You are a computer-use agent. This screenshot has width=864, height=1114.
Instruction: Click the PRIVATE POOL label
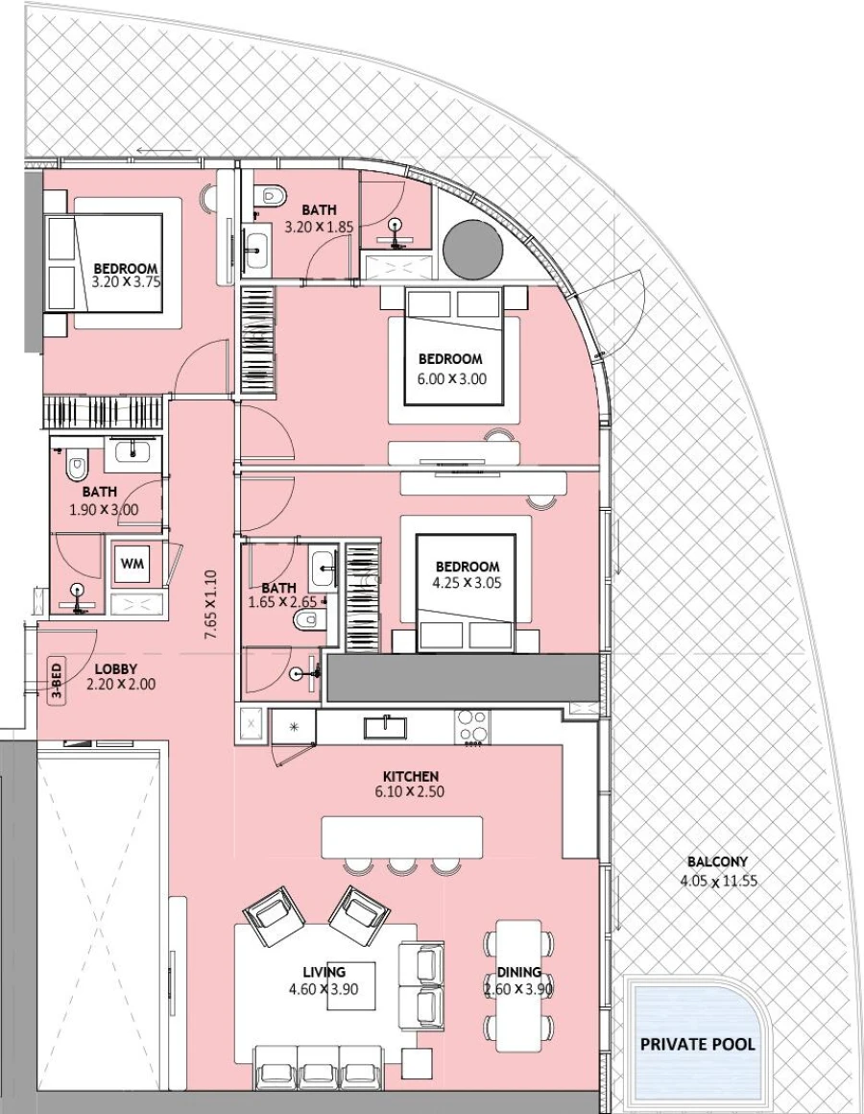coord(697,1044)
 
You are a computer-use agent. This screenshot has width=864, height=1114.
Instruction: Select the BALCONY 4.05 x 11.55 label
coord(717,871)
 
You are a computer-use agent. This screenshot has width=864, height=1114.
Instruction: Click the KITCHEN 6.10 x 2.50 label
coord(411,784)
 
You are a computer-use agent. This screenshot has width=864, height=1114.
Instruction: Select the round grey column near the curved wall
coord(472,248)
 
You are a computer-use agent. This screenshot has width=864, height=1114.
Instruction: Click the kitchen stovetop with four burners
coord(473,727)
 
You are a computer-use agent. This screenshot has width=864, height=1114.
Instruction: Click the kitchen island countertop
coord(401,837)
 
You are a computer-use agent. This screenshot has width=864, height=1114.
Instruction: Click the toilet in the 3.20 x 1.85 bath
coord(272,195)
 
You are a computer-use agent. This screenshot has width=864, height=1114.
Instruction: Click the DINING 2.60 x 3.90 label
coord(518,981)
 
